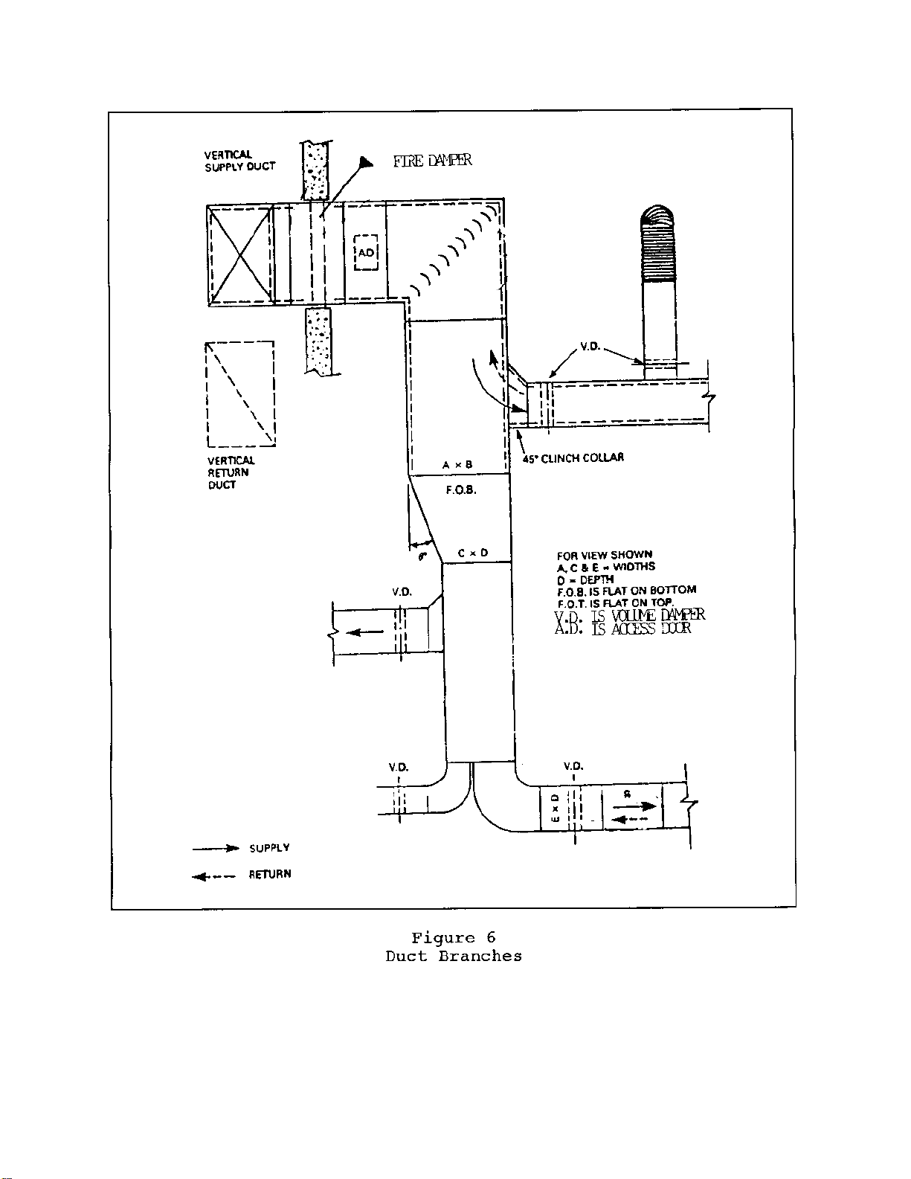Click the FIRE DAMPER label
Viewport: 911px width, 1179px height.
click(432, 161)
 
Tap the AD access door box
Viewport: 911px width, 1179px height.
click(367, 253)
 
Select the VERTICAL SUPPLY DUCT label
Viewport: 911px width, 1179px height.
click(239, 161)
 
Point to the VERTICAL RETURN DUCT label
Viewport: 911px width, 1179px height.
click(231, 473)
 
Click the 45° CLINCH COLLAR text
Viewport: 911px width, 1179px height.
click(573, 458)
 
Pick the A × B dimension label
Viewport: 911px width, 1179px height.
click(457, 465)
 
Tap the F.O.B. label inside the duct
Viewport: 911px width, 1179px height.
click(461, 490)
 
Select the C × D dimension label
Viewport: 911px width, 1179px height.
click(473, 553)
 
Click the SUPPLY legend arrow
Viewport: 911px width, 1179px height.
click(216, 848)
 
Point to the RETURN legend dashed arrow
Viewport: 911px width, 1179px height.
click(214, 876)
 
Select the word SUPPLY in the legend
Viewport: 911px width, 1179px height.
click(269, 848)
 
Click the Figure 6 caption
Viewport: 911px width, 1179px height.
click(454, 938)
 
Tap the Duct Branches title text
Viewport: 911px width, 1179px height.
click(454, 957)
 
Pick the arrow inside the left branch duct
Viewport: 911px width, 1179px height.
click(365, 633)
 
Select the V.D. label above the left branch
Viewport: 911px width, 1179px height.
click(402, 592)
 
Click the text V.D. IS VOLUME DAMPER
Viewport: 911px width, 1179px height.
click(629, 615)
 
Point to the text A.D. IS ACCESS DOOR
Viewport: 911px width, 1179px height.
click(622, 629)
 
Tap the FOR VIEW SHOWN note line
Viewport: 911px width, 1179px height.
click(604, 555)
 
